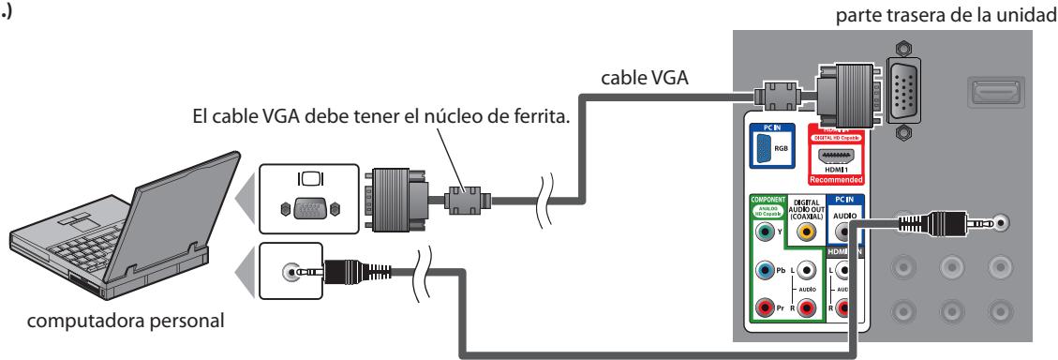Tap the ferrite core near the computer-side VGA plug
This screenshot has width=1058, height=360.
coord(466,199)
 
